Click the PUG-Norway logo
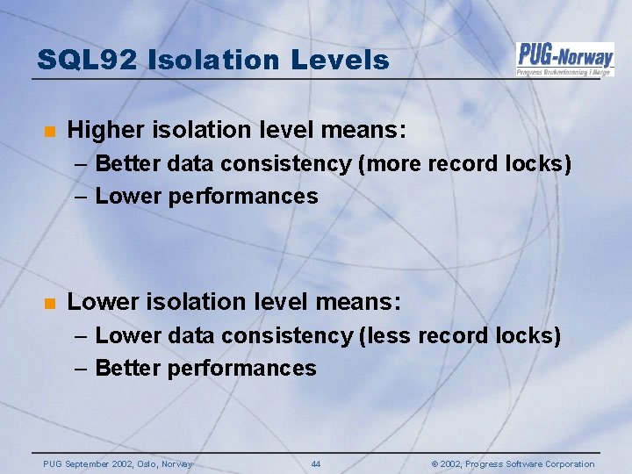(564, 58)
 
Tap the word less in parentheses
(386, 336)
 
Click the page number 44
(316, 464)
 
